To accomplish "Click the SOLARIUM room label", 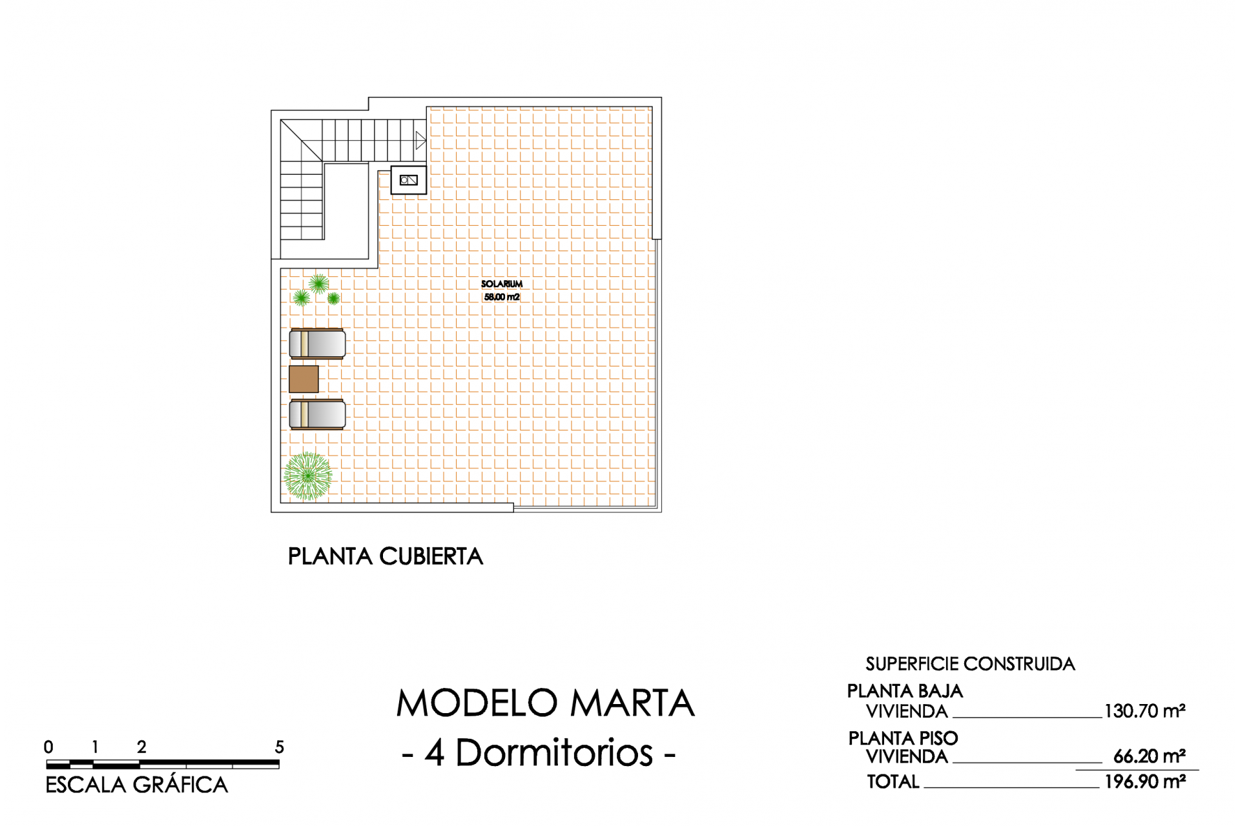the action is (x=502, y=284).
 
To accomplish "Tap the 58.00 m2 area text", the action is (x=502, y=297).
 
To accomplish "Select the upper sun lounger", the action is (x=317, y=343).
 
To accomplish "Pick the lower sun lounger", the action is (x=317, y=414).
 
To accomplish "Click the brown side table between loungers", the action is (x=304, y=379).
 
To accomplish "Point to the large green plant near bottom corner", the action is (x=307, y=476).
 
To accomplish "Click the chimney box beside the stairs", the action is (x=409, y=180).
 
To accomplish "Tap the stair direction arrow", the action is (x=420, y=140).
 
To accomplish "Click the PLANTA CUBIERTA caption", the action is (x=386, y=556).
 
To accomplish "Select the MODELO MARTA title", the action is (x=546, y=703).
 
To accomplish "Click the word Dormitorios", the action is (x=554, y=752).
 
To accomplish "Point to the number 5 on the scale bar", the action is (x=279, y=747).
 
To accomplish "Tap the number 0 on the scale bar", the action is (x=48, y=747).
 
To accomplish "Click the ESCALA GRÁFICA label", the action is (x=137, y=785).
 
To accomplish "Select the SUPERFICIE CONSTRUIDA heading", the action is (x=970, y=664).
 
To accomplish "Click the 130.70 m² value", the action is (x=1145, y=711).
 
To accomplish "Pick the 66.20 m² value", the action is (x=1150, y=756).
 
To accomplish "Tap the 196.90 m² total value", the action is (x=1145, y=781).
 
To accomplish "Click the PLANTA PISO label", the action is (x=903, y=738).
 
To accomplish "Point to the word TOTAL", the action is (x=893, y=781).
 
